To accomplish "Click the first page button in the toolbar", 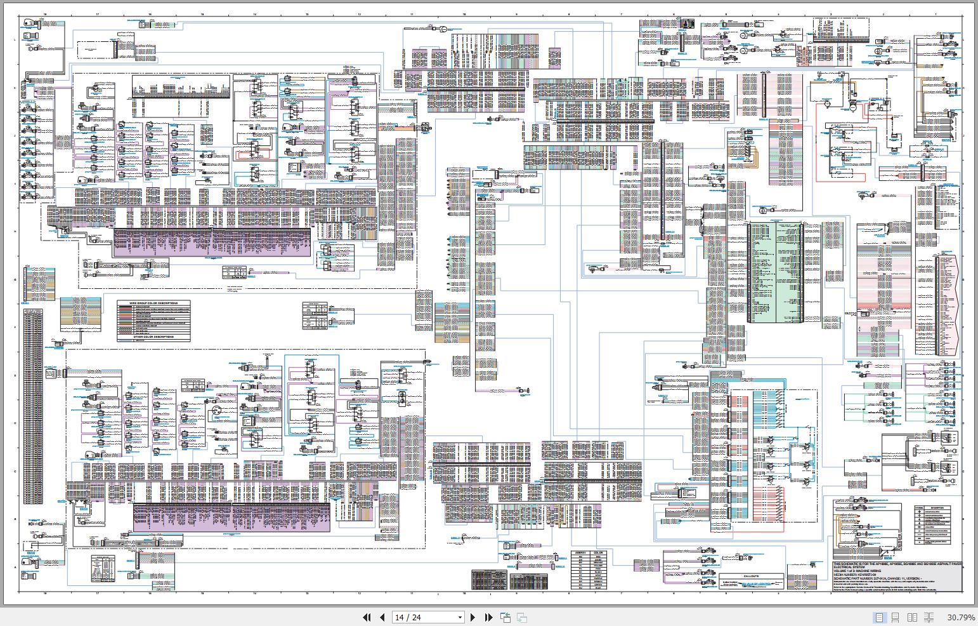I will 367,617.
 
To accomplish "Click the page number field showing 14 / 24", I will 424,617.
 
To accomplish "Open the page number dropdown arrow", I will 460,617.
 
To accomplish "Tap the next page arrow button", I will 473,617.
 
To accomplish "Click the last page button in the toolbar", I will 488,617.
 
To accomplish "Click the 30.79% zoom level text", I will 961,617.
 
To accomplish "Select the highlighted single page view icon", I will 879,617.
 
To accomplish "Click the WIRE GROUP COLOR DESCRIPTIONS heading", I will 153,303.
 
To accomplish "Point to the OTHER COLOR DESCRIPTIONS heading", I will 153,336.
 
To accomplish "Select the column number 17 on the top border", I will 97,13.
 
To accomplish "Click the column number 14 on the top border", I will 254,13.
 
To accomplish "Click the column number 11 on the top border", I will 412,13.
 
